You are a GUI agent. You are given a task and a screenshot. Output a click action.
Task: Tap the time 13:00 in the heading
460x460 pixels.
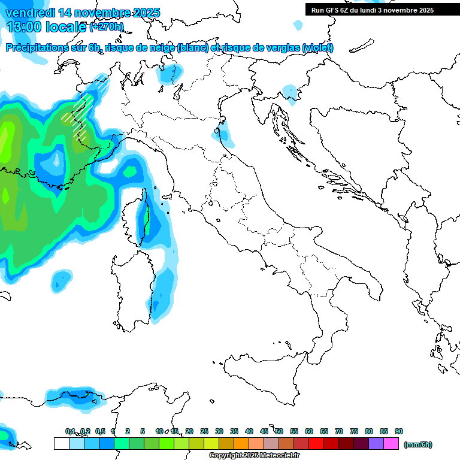point(24,27)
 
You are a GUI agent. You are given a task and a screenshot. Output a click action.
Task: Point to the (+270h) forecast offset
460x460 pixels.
point(107,27)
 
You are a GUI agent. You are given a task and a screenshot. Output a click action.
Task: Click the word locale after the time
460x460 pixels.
point(66,27)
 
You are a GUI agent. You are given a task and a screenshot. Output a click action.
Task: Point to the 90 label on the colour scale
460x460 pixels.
point(399,431)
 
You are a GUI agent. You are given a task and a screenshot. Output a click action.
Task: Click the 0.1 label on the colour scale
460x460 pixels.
point(70,431)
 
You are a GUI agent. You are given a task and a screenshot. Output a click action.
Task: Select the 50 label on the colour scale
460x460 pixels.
point(279,431)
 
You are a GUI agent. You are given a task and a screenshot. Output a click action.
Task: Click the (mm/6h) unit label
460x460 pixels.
point(418,444)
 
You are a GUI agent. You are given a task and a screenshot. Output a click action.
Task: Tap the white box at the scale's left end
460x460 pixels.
point(61,443)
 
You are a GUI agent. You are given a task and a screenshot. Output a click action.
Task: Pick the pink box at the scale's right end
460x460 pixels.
point(391,443)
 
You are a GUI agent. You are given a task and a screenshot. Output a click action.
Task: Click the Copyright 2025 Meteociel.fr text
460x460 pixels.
point(254,455)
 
